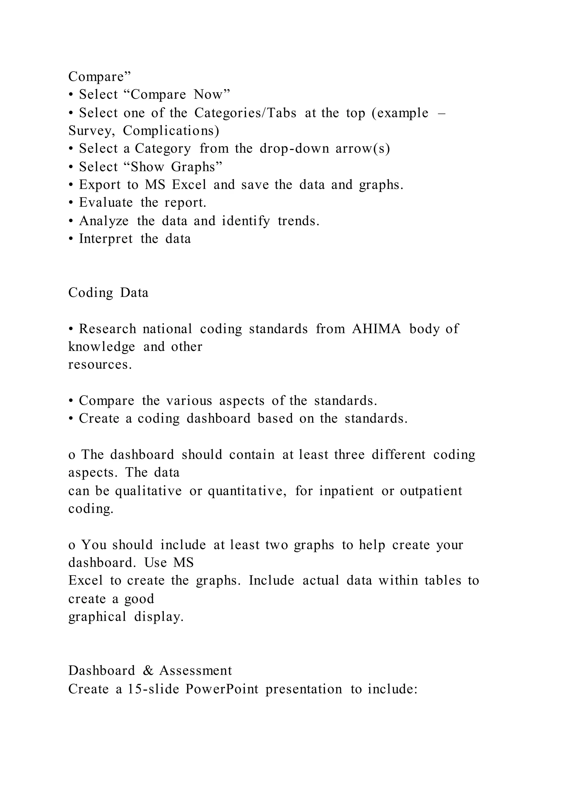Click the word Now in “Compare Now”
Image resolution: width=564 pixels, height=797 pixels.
211,94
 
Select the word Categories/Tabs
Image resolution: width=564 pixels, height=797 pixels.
245,113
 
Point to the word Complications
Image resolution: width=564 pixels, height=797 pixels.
171,131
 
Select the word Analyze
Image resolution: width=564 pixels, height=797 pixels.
104,221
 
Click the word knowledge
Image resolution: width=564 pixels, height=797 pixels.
101,347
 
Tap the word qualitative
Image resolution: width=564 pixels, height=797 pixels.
148,491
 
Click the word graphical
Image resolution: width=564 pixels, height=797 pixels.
97,617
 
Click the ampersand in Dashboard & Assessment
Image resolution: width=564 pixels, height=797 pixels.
148,670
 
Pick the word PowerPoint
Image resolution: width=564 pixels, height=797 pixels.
222,689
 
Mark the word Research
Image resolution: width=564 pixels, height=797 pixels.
108,329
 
